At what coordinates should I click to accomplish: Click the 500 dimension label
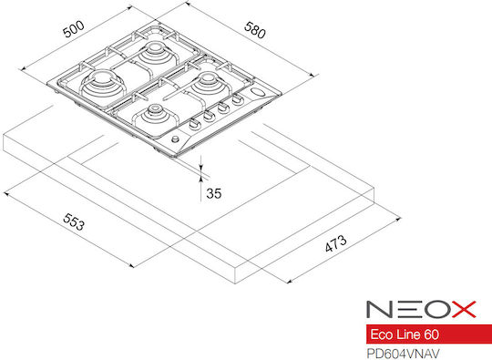pos(74,29)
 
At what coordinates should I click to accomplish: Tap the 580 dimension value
pos(255,30)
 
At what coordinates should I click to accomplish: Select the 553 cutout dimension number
pos(74,221)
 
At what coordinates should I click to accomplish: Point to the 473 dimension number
pos(335,243)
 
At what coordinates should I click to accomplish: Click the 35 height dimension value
pos(214,193)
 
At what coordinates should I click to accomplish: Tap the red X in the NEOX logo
pos(464,309)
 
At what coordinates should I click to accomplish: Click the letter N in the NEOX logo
pos(380,309)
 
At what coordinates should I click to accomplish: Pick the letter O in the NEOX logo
pos(436,309)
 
